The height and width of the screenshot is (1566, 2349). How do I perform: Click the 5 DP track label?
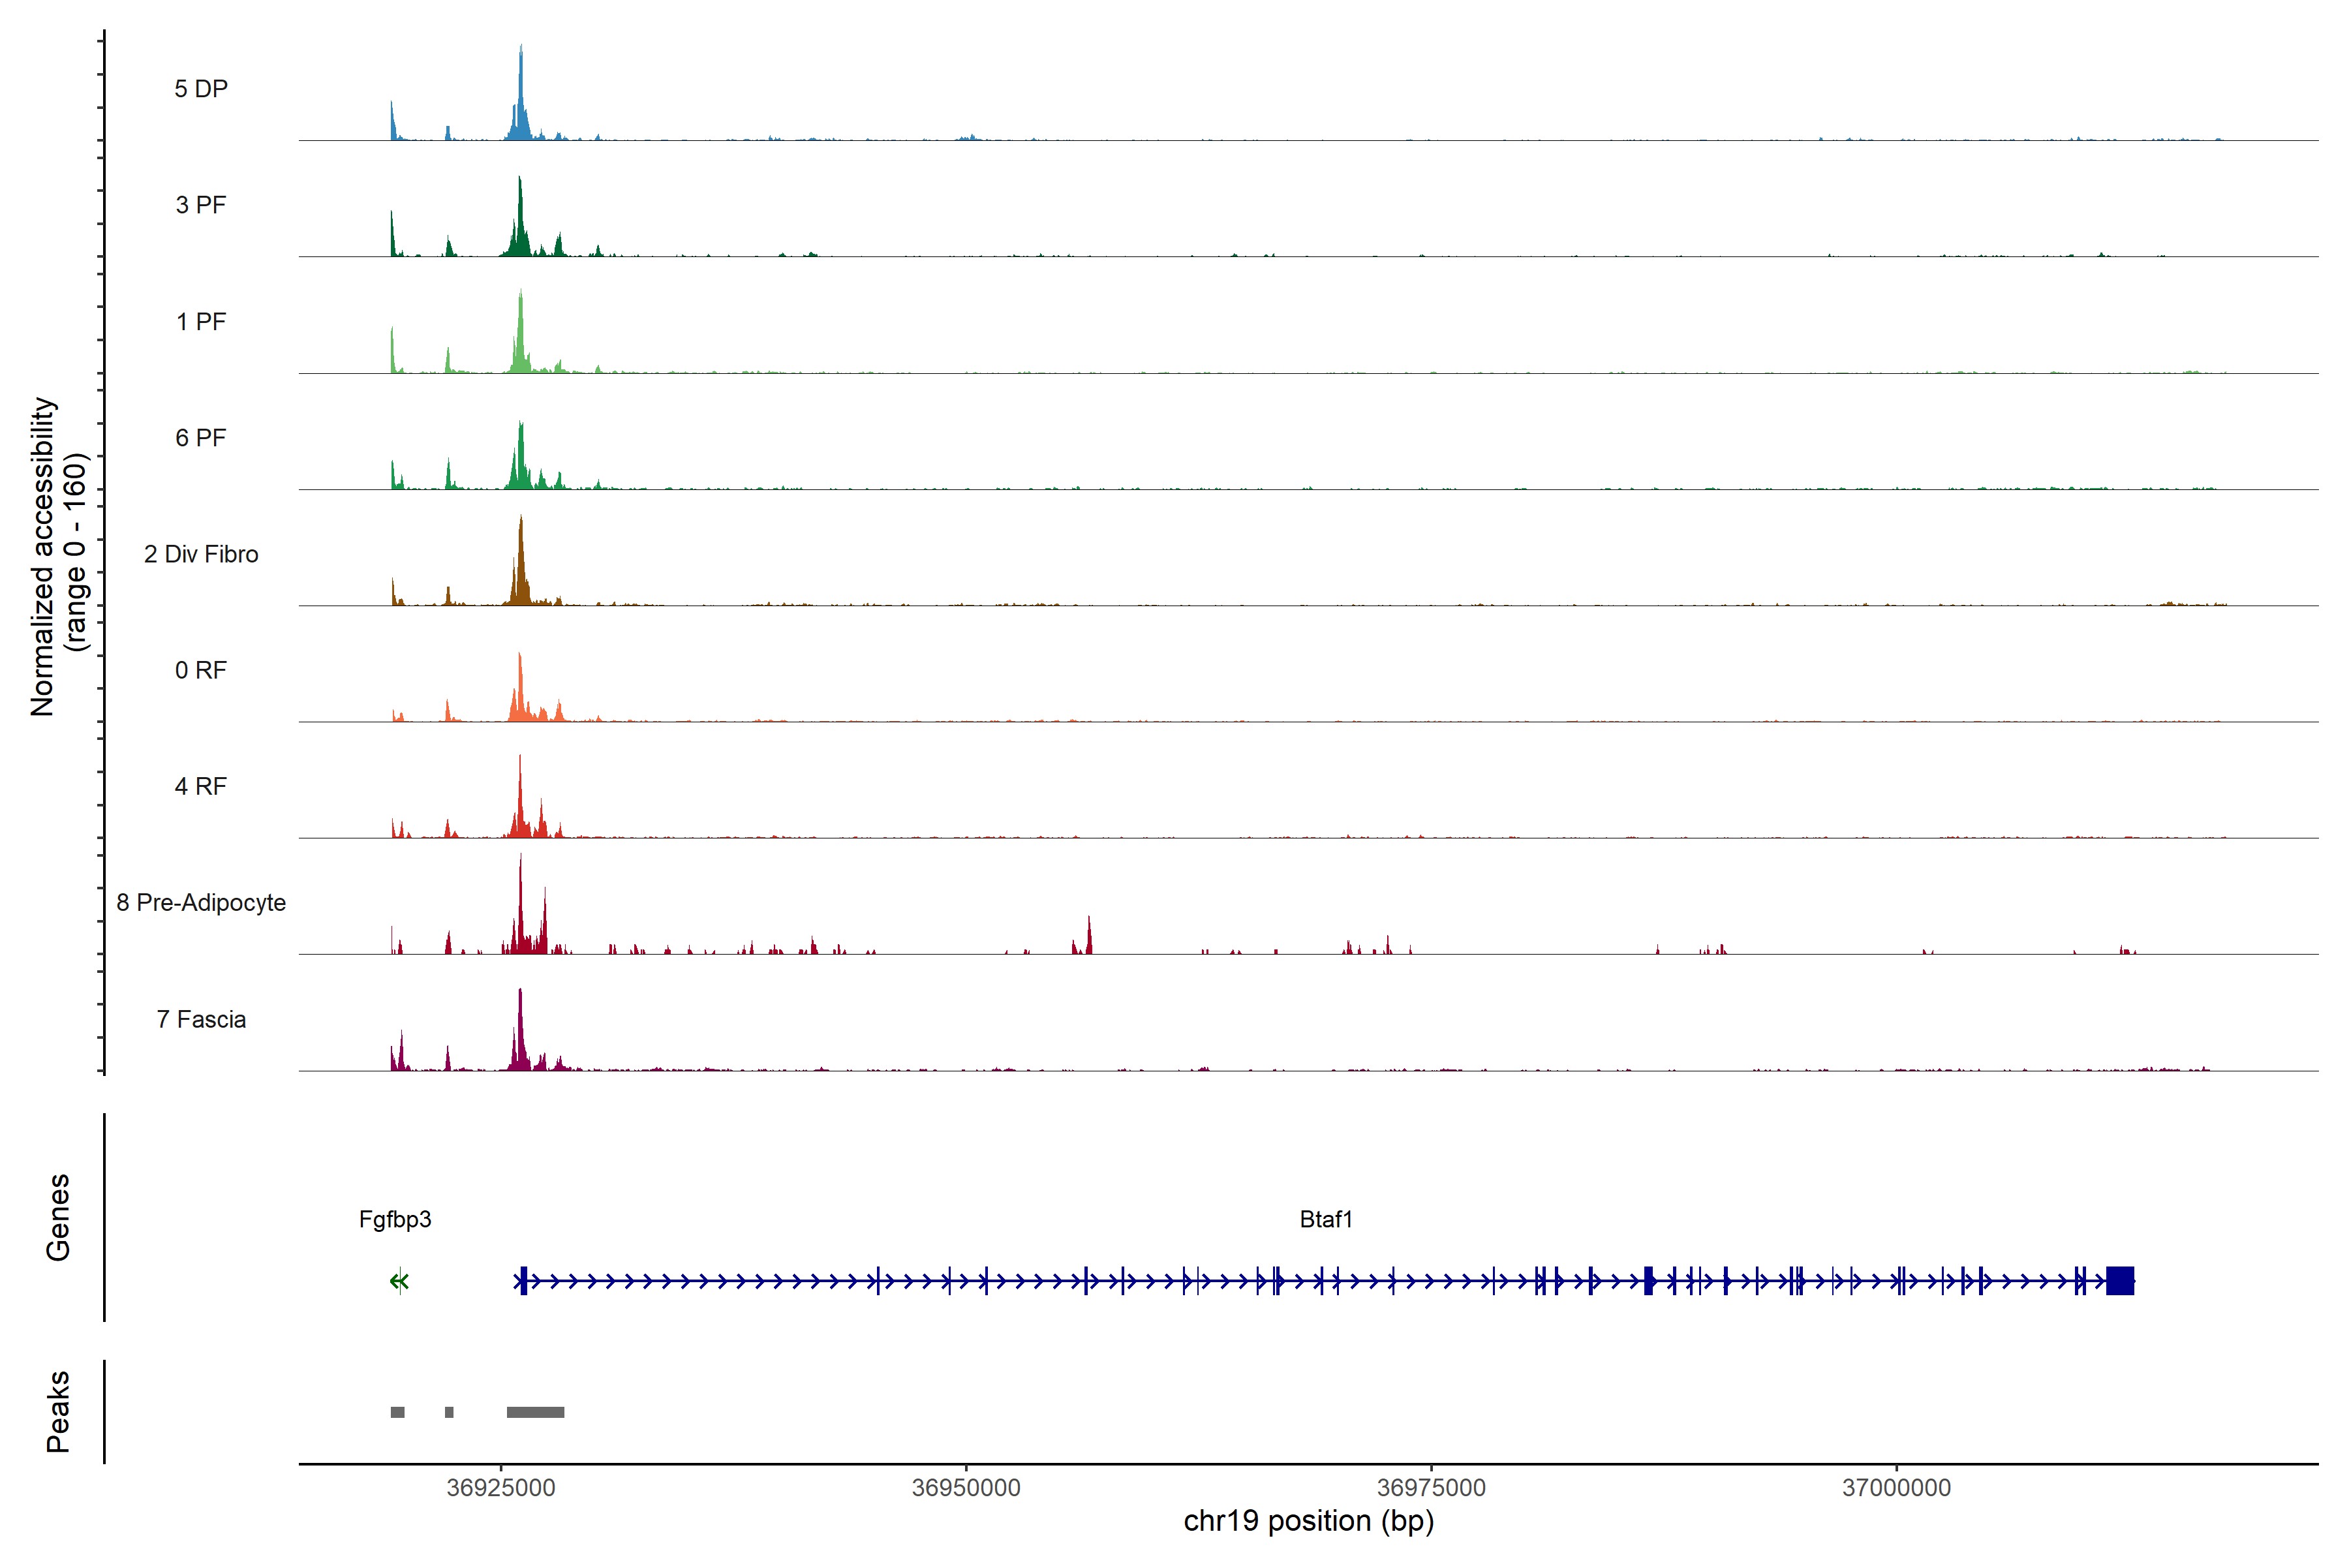tap(201, 89)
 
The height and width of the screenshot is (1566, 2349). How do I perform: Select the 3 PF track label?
tap(201, 205)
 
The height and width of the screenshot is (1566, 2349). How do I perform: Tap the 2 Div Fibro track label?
tap(201, 554)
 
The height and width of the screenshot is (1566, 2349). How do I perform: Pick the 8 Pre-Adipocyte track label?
tap(201, 903)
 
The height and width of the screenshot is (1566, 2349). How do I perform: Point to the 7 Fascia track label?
tap(201, 1020)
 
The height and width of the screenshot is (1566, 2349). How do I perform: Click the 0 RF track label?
tap(201, 670)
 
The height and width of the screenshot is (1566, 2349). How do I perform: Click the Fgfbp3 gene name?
tap(395, 1220)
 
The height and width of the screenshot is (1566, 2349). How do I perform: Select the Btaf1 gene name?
tap(1325, 1220)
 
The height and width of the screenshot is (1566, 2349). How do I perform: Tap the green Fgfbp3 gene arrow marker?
tap(399, 1282)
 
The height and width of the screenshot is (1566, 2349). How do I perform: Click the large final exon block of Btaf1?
tap(2119, 1280)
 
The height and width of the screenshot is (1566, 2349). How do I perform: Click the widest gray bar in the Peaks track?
tap(535, 1412)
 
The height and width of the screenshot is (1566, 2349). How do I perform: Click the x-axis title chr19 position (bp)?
tap(1308, 1521)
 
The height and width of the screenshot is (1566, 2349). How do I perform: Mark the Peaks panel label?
tap(58, 1411)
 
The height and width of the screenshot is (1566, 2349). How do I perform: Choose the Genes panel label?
tap(58, 1218)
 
